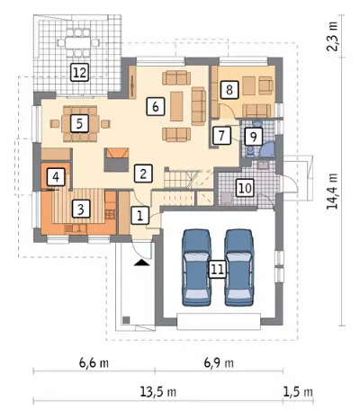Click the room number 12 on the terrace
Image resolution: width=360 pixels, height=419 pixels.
coord(80,73)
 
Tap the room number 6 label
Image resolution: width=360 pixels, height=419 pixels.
coord(156,106)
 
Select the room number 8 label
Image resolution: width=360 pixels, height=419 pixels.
coord(229,89)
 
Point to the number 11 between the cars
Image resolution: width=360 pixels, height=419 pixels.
coord(218,269)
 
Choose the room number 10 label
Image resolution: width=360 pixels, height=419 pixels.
coord(245,188)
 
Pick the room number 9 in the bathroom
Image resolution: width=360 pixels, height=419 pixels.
coord(254,137)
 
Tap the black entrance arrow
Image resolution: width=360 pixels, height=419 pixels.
coord(142,263)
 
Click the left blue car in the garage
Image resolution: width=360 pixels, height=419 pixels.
coord(195,267)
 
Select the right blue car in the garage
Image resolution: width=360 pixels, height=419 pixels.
coord(239,267)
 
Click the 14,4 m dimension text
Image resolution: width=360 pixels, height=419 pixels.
coord(332,191)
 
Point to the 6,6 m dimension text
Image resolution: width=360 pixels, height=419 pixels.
coord(94,363)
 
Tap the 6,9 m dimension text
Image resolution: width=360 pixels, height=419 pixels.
coord(219,363)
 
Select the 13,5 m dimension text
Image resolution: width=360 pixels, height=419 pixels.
coord(158,392)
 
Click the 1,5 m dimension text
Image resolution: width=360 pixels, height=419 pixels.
coord(298,392)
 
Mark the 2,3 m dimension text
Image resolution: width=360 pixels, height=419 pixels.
coord(332,37)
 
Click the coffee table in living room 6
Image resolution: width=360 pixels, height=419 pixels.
coord(176,106)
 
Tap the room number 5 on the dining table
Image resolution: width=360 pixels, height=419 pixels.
coord(79,123)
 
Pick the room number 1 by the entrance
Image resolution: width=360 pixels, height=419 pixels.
coord(140,215)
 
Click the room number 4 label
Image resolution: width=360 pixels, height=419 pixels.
coord(56,177)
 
